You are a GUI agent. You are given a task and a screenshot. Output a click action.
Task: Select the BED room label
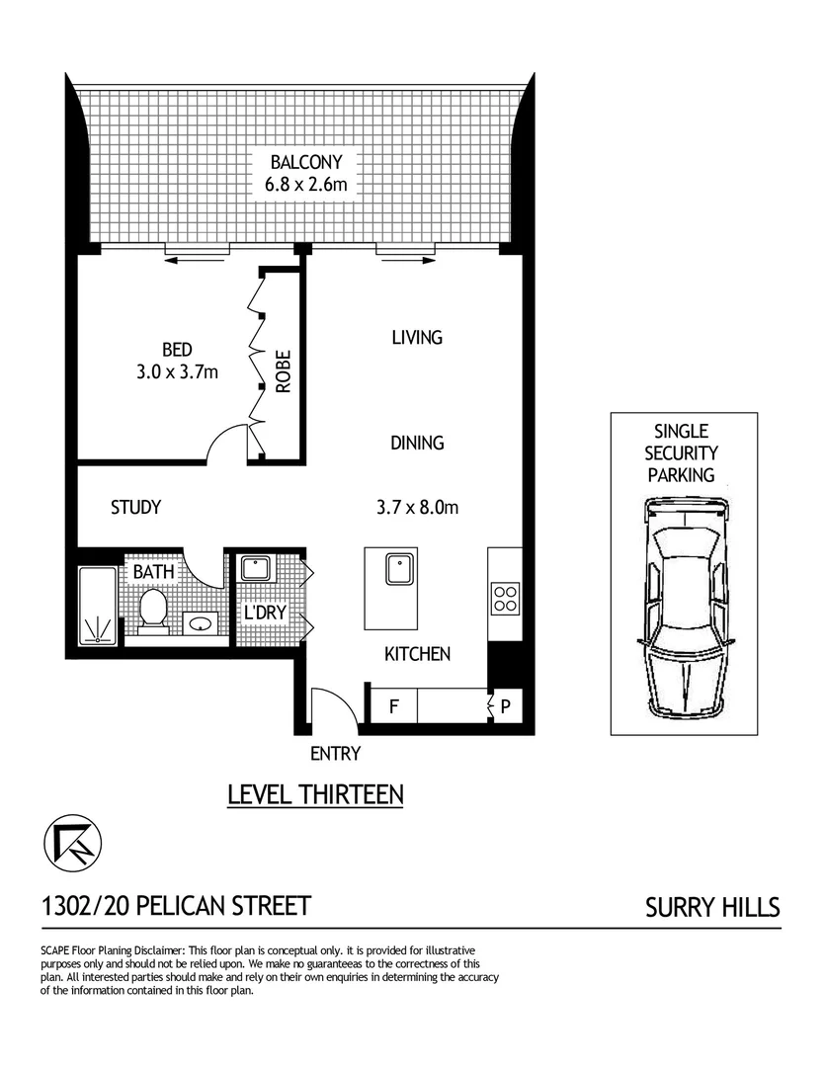coord(177,350)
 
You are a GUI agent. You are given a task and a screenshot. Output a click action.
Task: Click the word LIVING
coord(416,338)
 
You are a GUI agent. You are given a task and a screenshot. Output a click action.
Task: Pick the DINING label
coord(416,444)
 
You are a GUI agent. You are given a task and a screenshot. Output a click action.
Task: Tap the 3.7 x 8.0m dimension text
coord(416,508)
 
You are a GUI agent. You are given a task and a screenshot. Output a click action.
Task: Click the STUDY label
coord(135,508)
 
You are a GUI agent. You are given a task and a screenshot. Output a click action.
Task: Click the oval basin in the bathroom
coord(201,623)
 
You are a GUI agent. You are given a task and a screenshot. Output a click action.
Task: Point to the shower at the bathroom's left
coord(97,607)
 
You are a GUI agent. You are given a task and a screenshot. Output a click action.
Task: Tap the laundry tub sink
coord(256,570)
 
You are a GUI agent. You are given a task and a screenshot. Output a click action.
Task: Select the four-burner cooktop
coord(505,598)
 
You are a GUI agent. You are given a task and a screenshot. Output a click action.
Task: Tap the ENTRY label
coord(335,755)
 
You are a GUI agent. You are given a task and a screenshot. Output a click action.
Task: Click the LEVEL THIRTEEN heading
coord(315,794)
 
